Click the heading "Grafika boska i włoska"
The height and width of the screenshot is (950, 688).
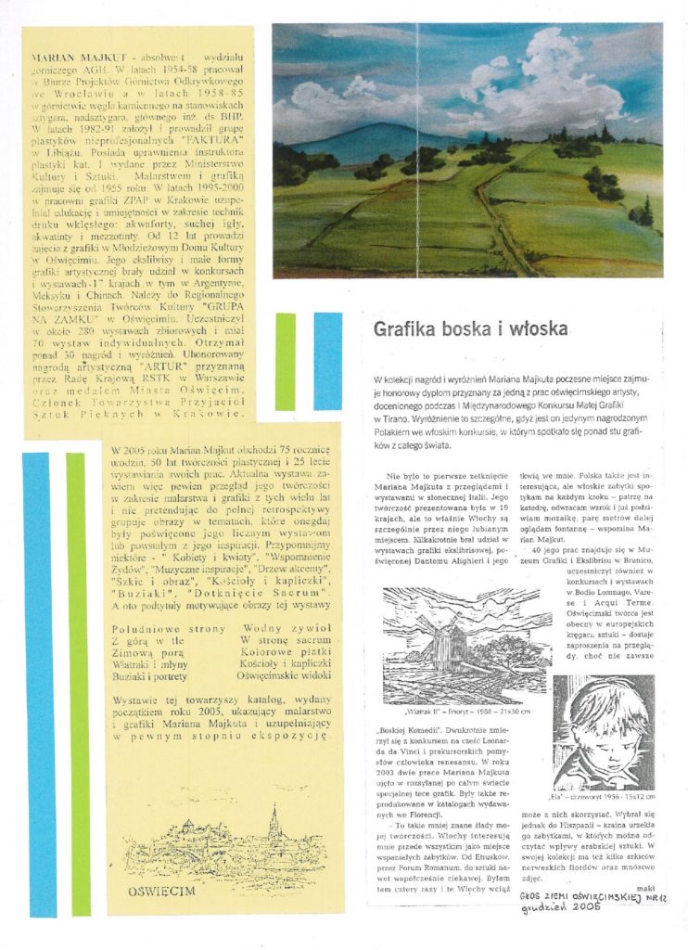[470, 329]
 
